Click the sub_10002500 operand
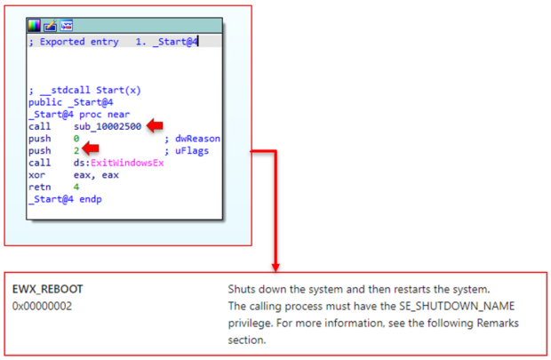tap(108, 126)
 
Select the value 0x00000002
tap(43, 306)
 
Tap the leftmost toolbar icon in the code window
tap(34, 25)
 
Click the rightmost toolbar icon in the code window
tap(66, 25)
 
